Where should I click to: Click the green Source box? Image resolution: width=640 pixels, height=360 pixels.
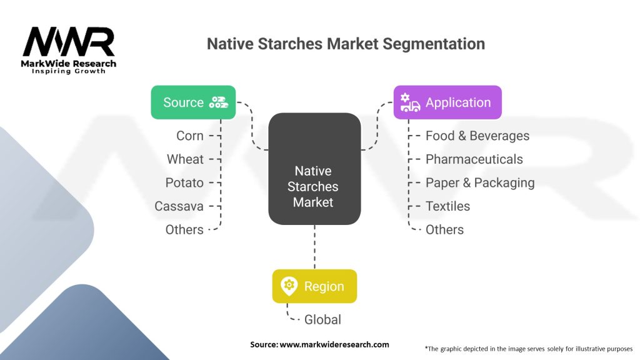193,102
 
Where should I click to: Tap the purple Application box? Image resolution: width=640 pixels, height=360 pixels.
447,102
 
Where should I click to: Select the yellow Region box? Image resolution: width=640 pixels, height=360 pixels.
314,286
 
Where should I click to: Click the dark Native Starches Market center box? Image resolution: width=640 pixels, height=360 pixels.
314,169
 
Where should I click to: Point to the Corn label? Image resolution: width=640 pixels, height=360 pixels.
190,136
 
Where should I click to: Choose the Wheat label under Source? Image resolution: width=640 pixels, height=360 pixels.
185,159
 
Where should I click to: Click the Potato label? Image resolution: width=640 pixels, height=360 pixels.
184,183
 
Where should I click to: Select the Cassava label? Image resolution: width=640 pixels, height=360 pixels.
179,206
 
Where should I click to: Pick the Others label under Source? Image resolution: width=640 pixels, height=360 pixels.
184,230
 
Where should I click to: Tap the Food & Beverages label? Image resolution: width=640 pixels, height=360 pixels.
477,136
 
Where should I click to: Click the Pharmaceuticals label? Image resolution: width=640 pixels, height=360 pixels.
474,159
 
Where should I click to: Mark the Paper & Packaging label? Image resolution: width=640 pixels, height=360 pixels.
480,183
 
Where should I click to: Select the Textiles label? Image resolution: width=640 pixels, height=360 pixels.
447,206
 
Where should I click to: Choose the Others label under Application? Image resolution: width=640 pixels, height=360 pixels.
444,230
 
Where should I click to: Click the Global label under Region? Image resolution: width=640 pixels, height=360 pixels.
322,319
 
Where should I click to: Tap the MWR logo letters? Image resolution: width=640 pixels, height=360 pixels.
69,42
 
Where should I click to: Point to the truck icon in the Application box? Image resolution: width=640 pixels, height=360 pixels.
410,102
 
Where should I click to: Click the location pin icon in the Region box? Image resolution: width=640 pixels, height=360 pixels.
289,286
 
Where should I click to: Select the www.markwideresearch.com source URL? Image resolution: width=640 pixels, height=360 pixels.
334,344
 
